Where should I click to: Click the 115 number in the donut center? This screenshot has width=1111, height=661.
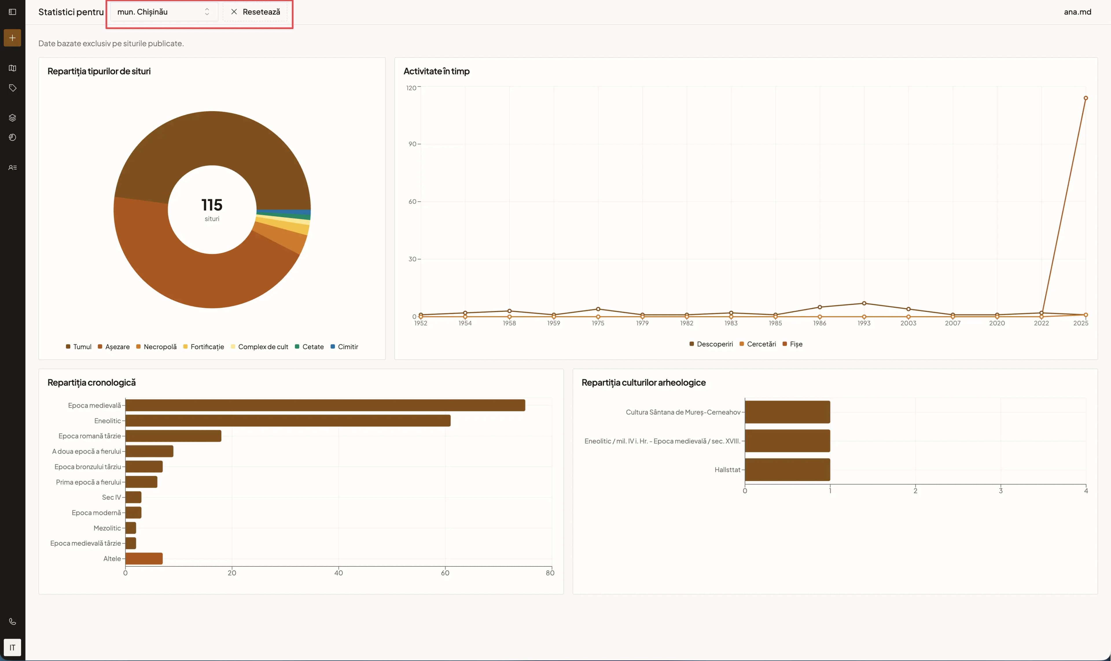click(x=212, y=205)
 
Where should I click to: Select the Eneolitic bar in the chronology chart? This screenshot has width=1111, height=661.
click(x=288, y=421)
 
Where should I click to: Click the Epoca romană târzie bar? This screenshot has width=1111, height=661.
click(x=173, y=436)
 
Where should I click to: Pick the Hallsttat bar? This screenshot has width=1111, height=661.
click(x=787, y=470)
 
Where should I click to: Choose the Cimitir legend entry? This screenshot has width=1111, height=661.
click(x=344, y=347)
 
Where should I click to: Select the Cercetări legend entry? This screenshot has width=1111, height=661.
click(x=758, y=344)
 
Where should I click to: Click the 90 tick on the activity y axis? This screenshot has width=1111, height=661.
click(x=413, y=144)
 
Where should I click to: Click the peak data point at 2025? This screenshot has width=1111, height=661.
click(x=1086, y=98)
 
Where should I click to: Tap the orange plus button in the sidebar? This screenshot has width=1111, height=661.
click(x=12, y=38)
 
